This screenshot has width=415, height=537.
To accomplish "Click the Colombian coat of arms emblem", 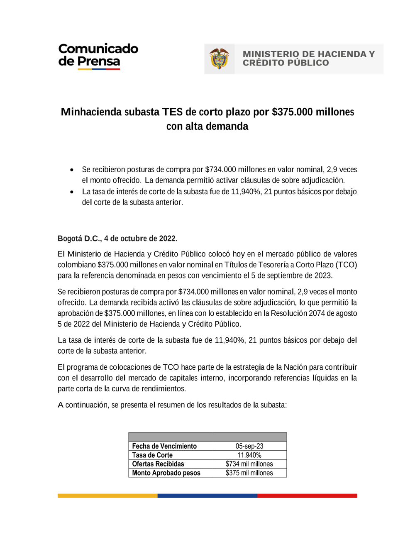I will pyautogui.click(x=219, y=59).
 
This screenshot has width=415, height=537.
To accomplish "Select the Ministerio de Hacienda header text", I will pyautogui.click(x=308, y=59).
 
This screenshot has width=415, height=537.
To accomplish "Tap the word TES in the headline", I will pyautogui.click(x=172, y=112).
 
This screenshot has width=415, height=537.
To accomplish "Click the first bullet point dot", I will pyautogui.click(x=72, y=170).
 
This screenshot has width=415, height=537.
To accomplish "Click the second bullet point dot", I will pyautogui.click(x=72, y=192).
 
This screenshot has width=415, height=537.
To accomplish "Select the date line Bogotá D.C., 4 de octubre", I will pyautogui.click(x=117, y=239).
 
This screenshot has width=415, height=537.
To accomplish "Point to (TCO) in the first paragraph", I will pyautogui.click(x=346, y=265).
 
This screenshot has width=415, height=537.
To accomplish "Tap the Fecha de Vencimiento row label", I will pyautogui.click(x=164, y=446).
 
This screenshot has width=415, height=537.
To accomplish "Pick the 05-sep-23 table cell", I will pyautogui.click(x=249, y=446).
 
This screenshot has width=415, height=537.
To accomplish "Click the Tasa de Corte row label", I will pyautogui.click(x=152, y=455).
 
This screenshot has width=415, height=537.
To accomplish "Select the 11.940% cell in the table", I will pyautogui.click(x=249, y=455).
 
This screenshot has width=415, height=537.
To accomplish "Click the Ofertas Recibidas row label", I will pyautogui.click(x=158, y=464).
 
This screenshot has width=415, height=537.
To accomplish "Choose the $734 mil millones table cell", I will pyautogui.click(x=249, y=464).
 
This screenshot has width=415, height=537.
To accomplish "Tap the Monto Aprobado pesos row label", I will pyautogui.click(x=166, y=473).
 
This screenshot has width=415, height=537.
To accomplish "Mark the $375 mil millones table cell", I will pyautogui.click(x=249, y=473).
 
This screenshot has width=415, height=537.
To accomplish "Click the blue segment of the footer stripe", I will pyautogui.click(x=207, y=496).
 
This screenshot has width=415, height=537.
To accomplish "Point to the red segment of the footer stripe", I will pyautogui.click(x=307, y=496).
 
